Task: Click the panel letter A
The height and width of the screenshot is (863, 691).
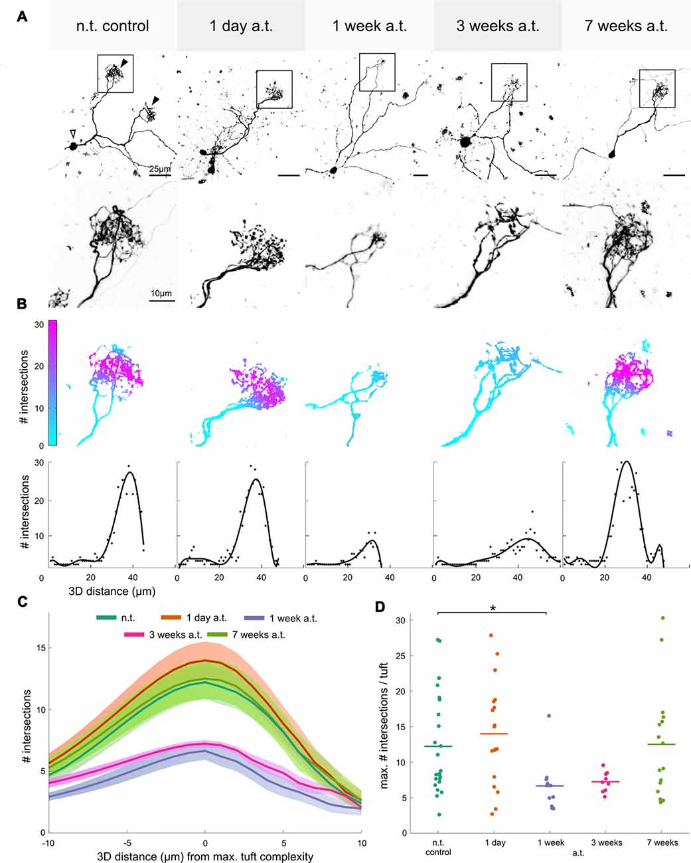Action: tap(22, 16)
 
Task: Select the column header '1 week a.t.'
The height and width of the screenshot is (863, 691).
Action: tap(369, 27)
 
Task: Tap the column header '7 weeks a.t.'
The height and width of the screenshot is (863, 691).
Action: tap(626, 27)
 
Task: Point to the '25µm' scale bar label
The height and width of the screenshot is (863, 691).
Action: tap(159, 169)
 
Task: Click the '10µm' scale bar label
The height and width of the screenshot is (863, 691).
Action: tap(161, 293)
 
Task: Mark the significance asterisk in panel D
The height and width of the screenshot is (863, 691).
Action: tap(492, 608)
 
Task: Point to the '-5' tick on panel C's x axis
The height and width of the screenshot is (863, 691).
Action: tap(126, 844)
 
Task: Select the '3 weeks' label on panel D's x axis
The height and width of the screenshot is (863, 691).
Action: tap(607, 842)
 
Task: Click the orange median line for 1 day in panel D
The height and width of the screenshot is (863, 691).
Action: tap(494, 734)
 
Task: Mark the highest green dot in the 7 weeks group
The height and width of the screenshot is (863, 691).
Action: tap(663, 618)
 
